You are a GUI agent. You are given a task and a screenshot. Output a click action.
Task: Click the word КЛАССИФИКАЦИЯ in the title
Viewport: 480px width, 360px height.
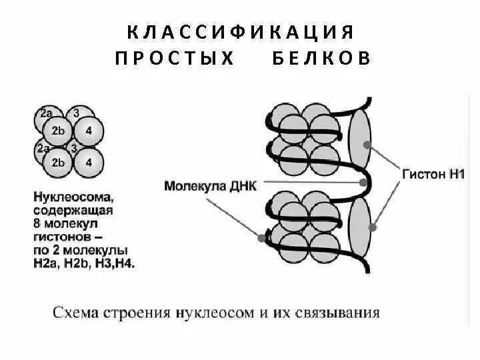click(239, 31)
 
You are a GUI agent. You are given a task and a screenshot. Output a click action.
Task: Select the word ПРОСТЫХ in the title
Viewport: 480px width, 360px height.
click(175, 58)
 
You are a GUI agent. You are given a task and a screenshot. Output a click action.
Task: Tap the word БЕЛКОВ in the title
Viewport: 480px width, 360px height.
click(321, 58)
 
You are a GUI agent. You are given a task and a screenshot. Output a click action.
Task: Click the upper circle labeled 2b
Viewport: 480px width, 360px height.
click(58, 131)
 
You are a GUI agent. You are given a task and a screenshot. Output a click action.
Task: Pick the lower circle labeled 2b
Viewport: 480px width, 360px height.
click(58, 162)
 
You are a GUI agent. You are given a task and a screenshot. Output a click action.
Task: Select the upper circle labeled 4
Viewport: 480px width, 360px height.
click(89, 131)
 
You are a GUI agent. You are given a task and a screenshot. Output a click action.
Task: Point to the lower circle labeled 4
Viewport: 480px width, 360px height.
click(89, 162)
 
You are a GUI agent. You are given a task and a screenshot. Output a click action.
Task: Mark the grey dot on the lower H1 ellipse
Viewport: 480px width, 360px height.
click(373, 227)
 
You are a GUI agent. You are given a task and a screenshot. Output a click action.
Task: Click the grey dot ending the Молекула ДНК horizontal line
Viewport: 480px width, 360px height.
click(362, 182)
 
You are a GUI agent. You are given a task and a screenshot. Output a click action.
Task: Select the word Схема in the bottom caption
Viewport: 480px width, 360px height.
click(75, 312)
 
